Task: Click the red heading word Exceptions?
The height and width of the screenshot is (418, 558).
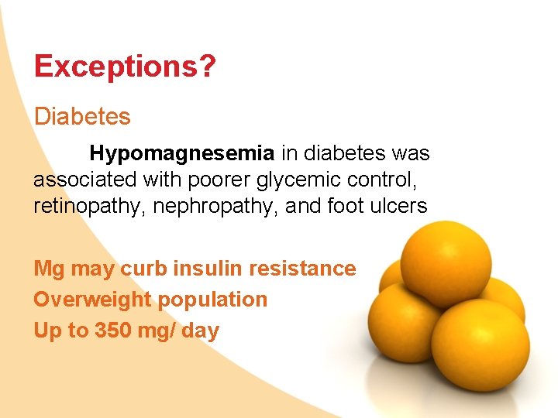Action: pyautogui.click(x=125, y=67)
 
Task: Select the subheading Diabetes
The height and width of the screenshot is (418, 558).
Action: pyautogui.click(x=82, y=117)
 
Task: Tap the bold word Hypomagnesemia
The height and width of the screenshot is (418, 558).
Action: pyautogui.click(x=182, y=153)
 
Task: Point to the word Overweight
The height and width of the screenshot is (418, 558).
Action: pyautogui.click(x=92, y=300)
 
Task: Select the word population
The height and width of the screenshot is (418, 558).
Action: pyautogui.click(x=213, y=300)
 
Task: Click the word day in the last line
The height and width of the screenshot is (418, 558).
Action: pyautogui.click(x=201, y=331)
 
